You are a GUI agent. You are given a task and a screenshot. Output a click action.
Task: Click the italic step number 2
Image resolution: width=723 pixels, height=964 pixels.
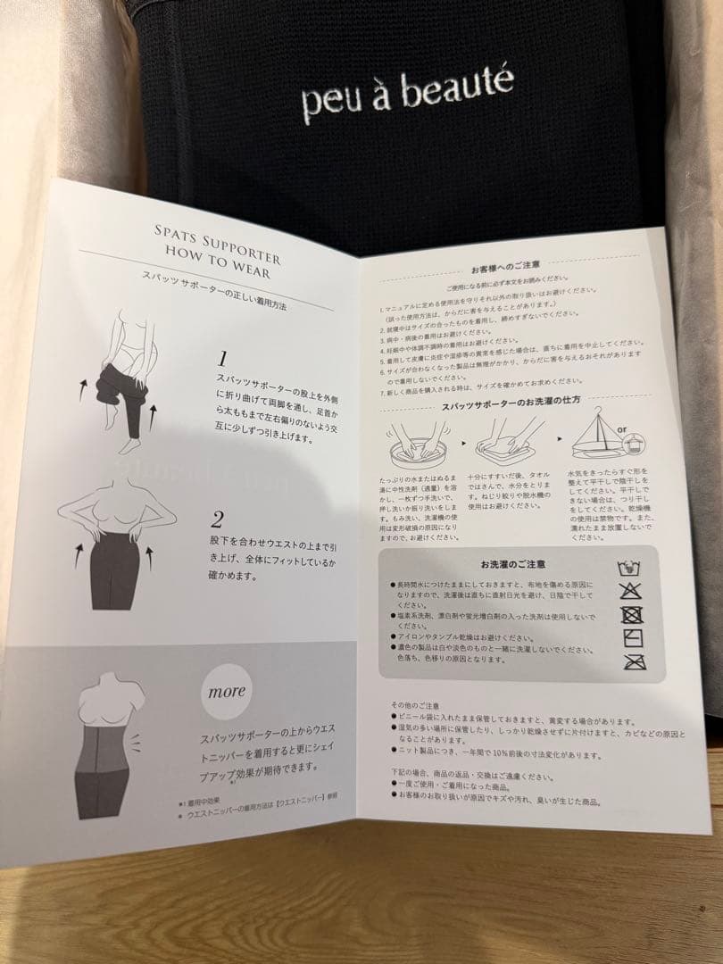coord(217,519)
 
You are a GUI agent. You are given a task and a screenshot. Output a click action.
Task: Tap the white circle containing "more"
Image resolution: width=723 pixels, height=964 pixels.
coord(226,691)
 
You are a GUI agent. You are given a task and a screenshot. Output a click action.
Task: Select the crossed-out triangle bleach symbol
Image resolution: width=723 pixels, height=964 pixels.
coord(630,590)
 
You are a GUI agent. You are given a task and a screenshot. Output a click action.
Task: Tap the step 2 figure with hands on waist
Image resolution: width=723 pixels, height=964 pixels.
coord(115,545)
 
